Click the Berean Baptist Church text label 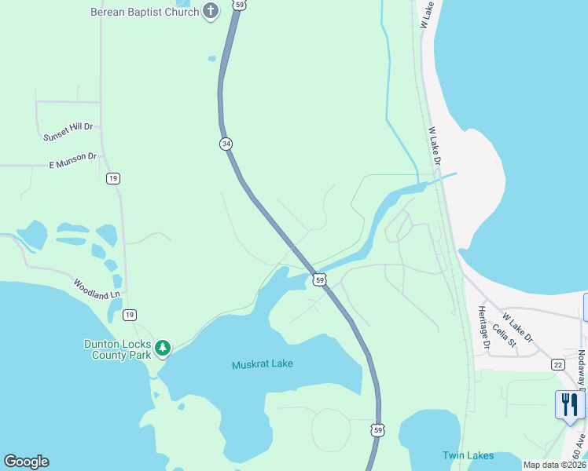[145, 11]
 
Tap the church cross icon [210, 11]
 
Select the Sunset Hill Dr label [68, 131]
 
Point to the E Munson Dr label [72, 161]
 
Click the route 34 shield [226, 144]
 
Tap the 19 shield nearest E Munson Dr [113, 178]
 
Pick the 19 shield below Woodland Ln [129, 315]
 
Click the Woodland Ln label [97, 289]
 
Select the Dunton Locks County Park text [118, 349]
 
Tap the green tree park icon [163, 347]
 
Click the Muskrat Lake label [262, 365]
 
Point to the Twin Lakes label [468, 455]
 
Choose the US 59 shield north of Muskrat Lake [319, 279]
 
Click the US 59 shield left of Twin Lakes [378, 429]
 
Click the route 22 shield [557, 364]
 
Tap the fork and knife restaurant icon [570, 405]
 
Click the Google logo [26, 462]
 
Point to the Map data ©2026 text [554, 465]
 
